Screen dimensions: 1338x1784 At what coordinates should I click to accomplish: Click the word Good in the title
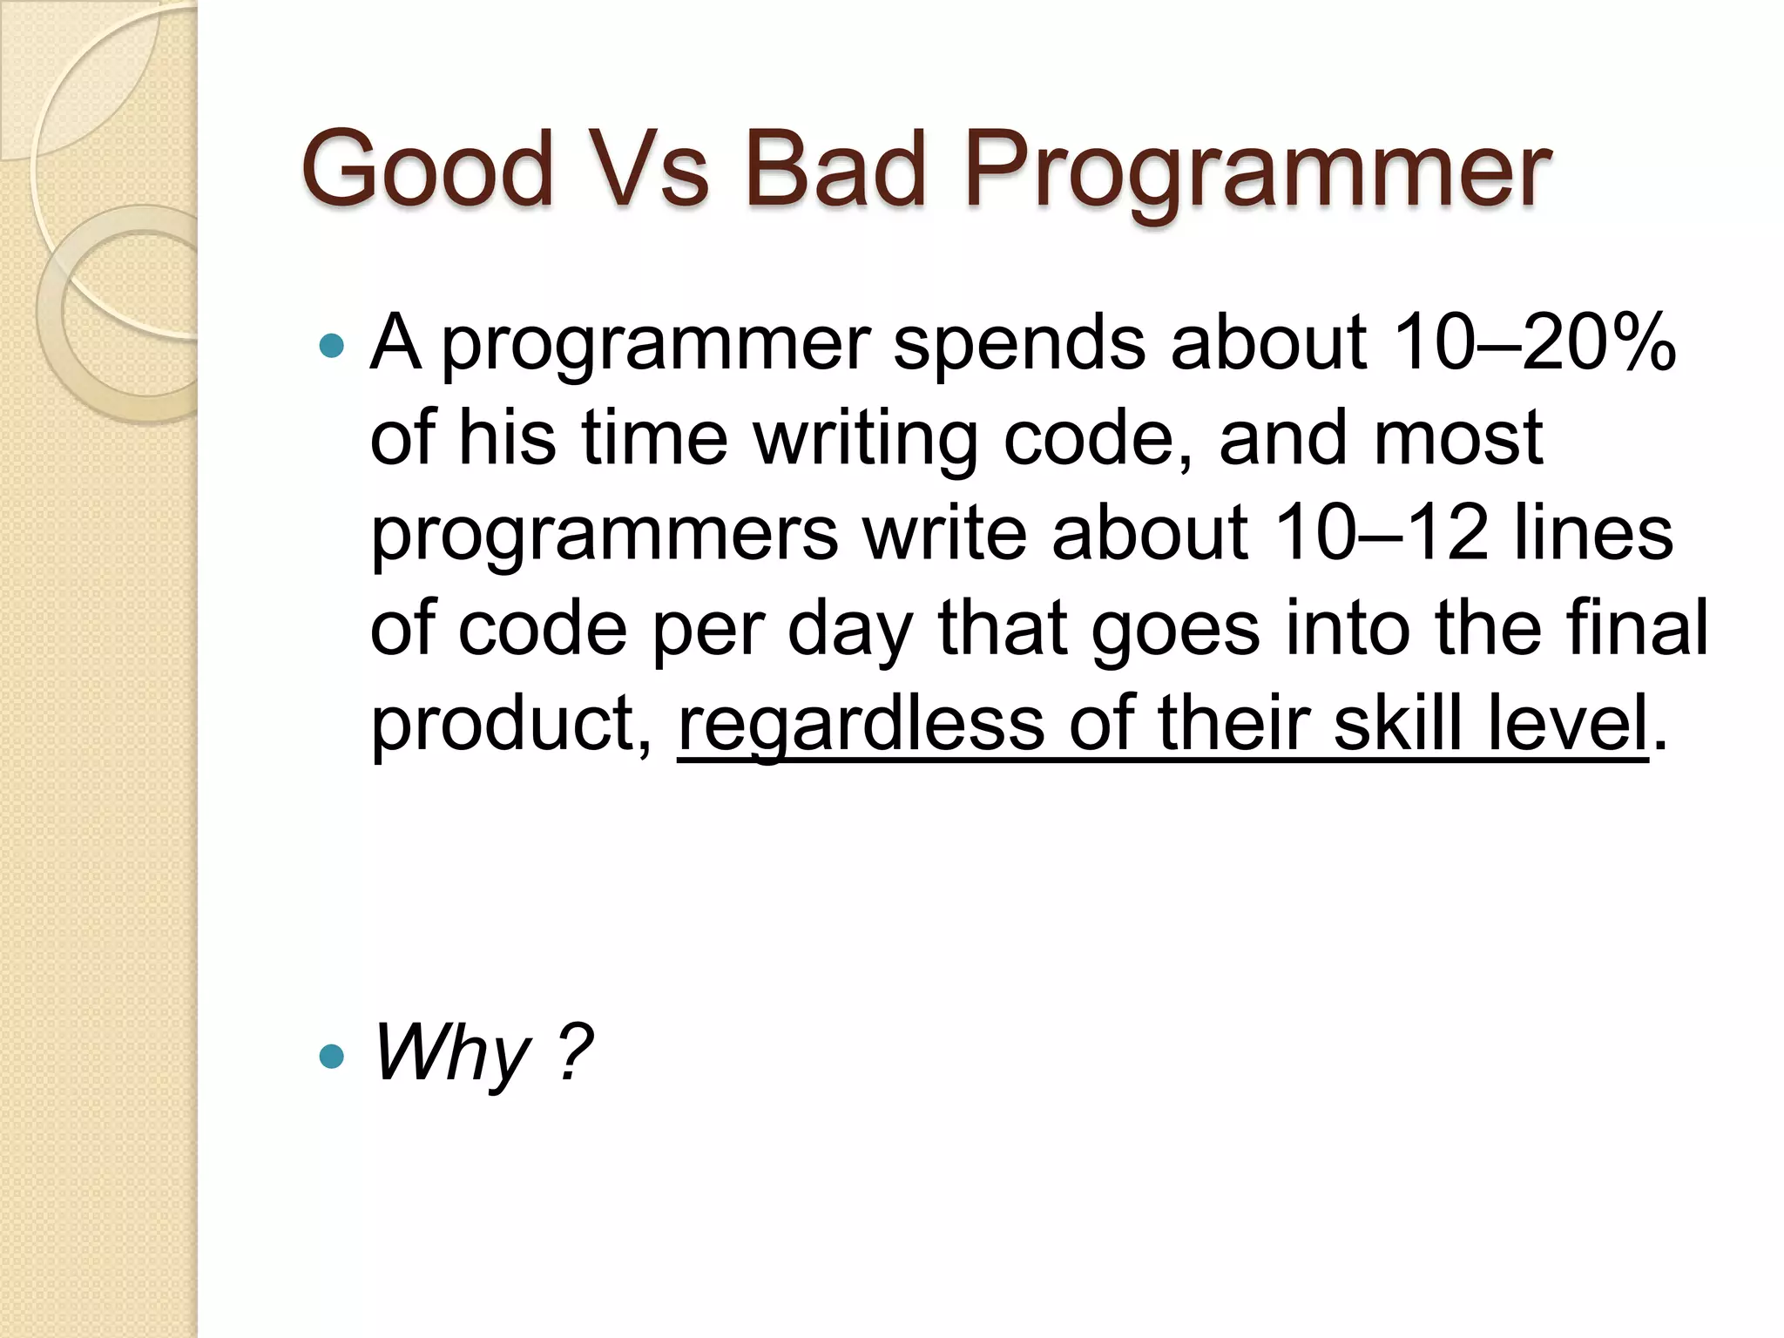(x=428, y=170)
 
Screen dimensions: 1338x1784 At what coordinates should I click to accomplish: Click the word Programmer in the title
(x=1256, y=174)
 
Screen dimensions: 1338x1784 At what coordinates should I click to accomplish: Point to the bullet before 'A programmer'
(x=332, y=347)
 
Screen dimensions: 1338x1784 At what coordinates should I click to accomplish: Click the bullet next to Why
(x=332, y=1057)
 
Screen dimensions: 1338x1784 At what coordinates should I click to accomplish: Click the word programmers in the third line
(x=605, y=534)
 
